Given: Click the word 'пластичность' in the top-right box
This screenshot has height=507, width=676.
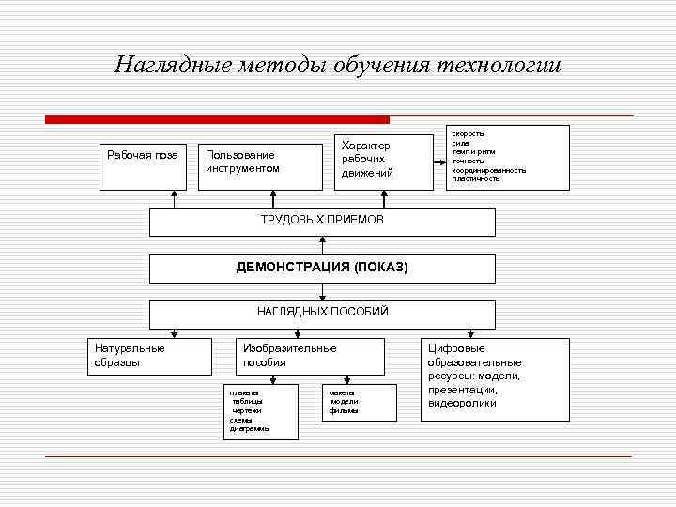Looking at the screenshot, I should click(x=476, y=178).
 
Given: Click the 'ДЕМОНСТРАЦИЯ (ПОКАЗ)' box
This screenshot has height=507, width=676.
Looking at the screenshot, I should click(x=322, y=268).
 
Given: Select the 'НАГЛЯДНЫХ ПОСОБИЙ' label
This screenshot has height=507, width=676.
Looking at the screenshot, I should click(x=322, y=311).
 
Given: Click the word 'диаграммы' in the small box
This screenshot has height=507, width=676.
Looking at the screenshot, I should click(x=250, y=428).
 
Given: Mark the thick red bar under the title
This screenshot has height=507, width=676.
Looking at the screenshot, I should click(x=217, y=120).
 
